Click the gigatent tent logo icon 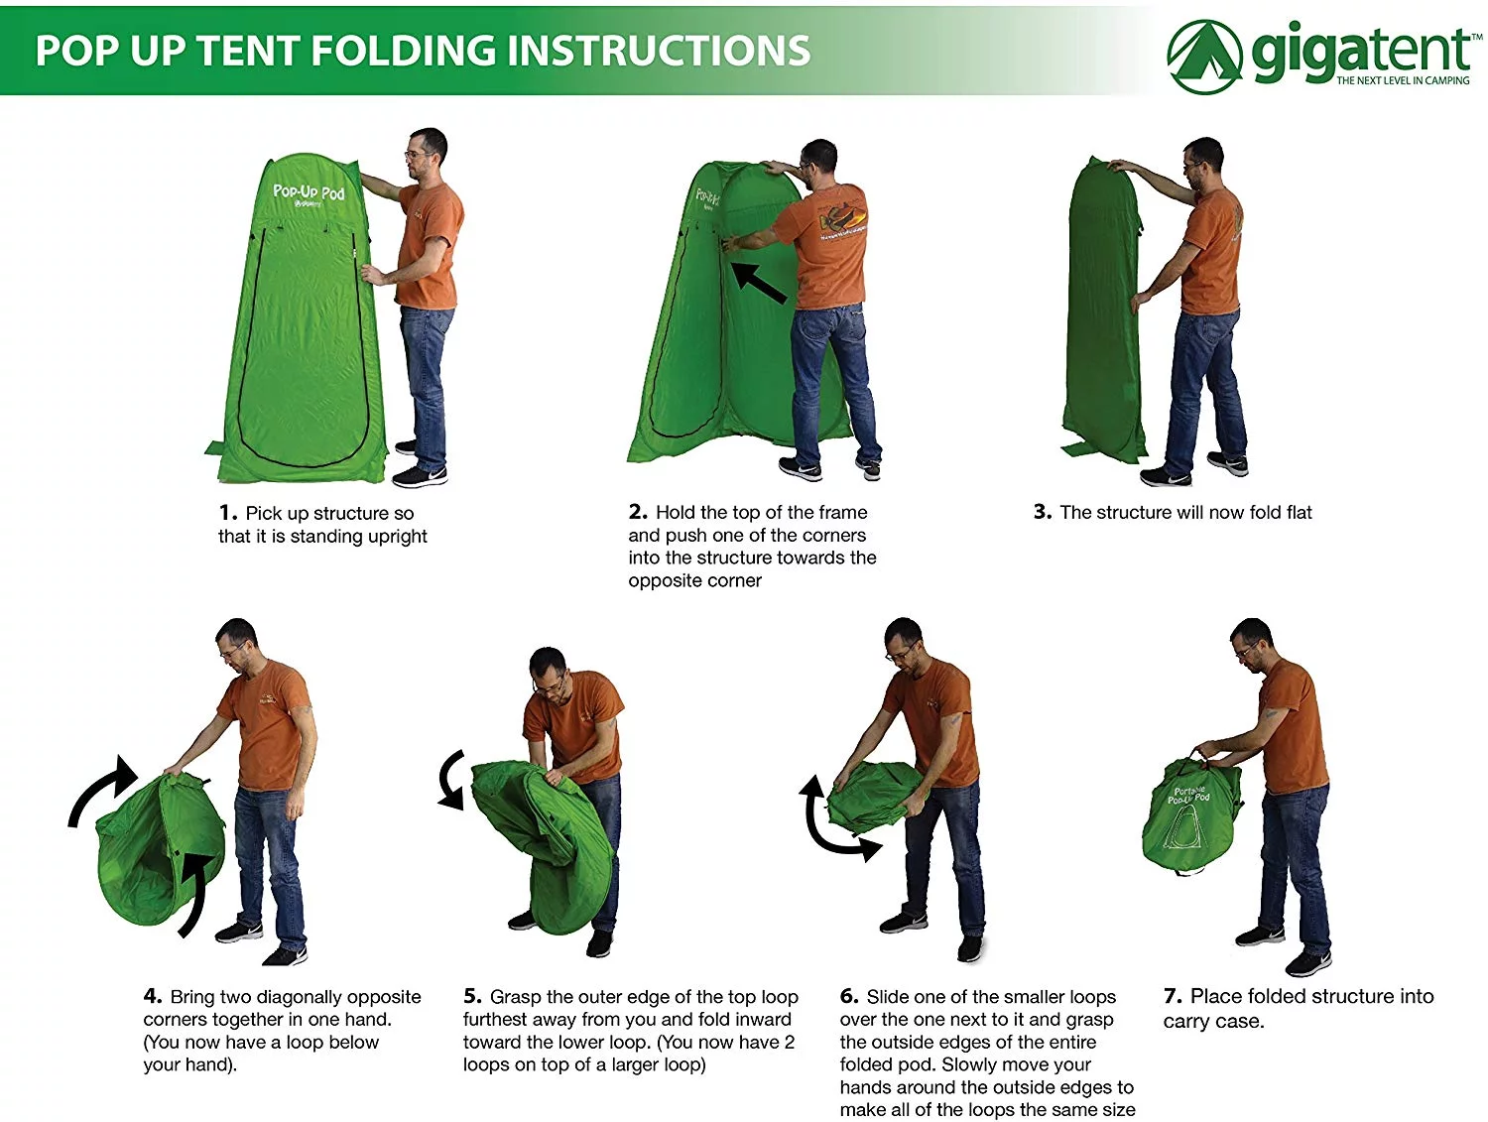click(1204, 57)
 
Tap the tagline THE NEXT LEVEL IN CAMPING click(1403, 80)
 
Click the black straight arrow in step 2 click(759, 283)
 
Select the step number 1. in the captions click(228, 513)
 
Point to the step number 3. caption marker click(1043, 512)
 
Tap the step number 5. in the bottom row click(472, 996)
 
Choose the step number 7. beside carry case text click(1174, 996)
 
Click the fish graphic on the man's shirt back click(842, 221)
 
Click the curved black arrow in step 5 click(452, 780)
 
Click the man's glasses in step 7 click(1246, 652)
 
